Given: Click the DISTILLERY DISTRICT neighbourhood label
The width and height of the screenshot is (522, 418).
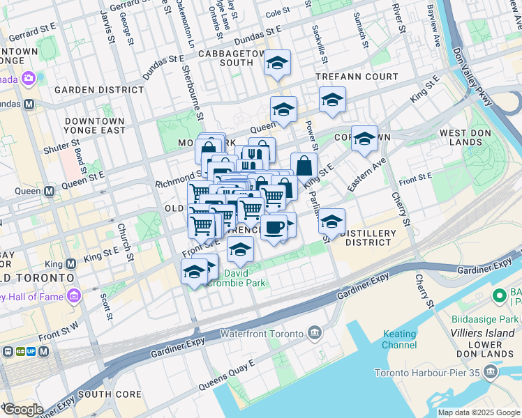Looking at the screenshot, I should coord(368,238).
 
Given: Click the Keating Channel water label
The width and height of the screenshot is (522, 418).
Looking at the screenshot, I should coord(400,339).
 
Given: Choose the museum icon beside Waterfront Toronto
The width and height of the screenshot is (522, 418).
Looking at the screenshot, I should coord(315,334).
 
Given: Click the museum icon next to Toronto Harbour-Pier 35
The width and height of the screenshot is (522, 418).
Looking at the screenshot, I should coord(489,372).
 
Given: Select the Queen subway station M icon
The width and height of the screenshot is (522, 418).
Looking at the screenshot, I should coord(50,191).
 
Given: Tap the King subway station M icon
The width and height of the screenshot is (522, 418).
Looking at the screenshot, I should coord(70,264).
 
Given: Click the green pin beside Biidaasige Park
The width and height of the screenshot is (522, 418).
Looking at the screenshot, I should coord(499,296).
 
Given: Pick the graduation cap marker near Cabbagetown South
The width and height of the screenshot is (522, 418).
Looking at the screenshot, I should coord(277,65).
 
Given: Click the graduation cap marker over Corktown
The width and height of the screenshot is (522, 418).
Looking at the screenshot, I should coord(364,139).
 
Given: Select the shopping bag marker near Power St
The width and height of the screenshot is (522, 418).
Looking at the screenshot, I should coord(304,167).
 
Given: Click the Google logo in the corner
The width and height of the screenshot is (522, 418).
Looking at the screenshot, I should coord(22,410).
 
